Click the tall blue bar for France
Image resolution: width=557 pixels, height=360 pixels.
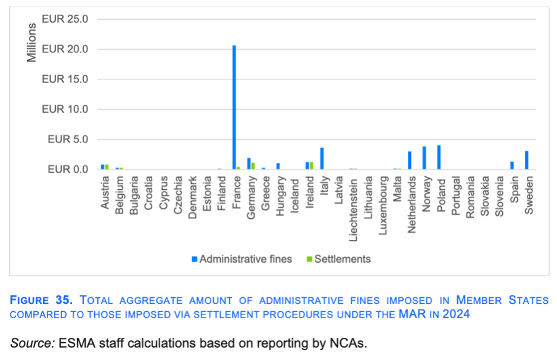tap(234, 108)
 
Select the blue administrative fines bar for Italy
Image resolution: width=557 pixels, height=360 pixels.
tap(322, 158)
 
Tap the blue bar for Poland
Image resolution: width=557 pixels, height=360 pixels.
tap(439, 157)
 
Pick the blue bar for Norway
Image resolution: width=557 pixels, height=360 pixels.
tap(425, 158)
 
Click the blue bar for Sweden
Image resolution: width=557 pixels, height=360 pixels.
tap(527, 160)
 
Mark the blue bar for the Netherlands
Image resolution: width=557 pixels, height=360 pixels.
tap(410, 160)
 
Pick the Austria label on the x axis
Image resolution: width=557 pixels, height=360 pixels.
tap(105, 192)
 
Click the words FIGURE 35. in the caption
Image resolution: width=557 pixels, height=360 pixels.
tap(42, 301)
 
